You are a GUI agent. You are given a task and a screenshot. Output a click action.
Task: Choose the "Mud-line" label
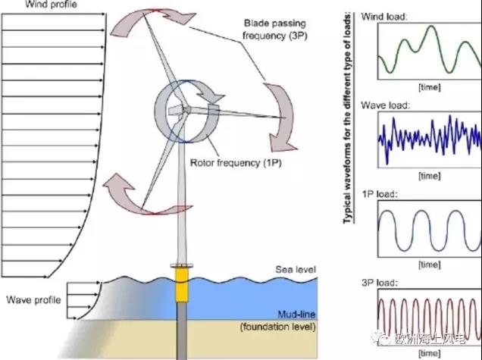(293, 313)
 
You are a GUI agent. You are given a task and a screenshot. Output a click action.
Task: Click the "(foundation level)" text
(275, 327)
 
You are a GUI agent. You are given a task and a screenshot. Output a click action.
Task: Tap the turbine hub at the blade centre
(185, 109)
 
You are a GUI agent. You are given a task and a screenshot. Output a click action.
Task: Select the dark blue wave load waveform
(428, 139)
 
